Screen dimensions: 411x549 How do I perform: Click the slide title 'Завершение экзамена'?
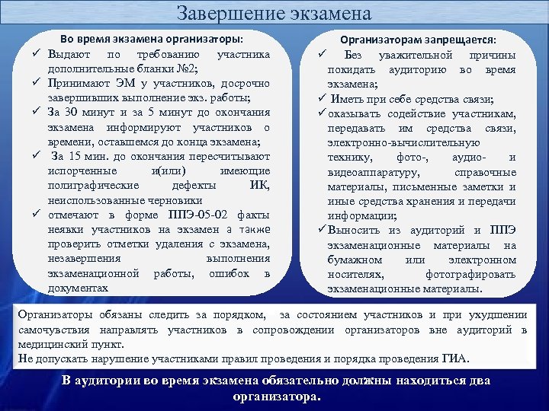pyautogui.click(x=274, y=13)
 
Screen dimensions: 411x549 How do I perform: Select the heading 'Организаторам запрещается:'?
pyautogui.click(x=418, y=39)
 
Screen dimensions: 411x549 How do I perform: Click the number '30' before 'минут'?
pyautogui.click(x=78, y=113)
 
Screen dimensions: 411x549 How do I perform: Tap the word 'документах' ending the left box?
pyautogui.click(x=77, y=288)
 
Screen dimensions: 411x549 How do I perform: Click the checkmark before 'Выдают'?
pyautogui.click(x=36, y=55)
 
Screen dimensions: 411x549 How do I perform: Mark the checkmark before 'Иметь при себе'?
pyautogui.click(x=321, y=100)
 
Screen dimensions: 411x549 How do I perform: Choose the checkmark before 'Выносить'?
pyautogui.click(x=322, y=230)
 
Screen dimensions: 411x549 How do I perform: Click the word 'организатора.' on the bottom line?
pyautogui.click(x=277, y=397)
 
